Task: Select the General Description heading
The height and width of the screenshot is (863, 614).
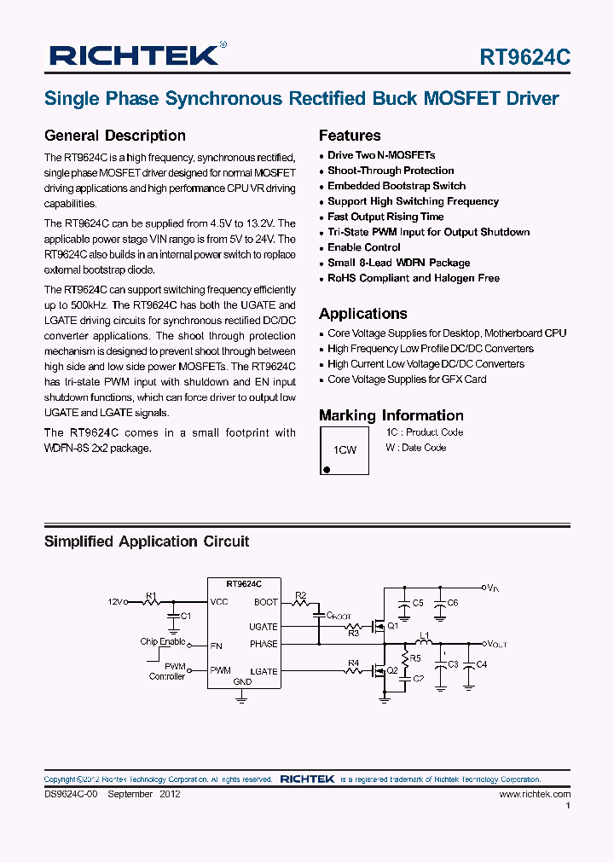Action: pos(114,136)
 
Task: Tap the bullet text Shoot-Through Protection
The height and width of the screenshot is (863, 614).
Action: pos(391,171)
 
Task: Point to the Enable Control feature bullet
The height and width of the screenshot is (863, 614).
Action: pos(364,247)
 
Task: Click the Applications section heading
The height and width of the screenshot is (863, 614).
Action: pos(362,313)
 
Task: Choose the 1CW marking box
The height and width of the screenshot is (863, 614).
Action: pos(345,449)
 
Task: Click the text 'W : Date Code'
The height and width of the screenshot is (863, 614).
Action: pos(415,448)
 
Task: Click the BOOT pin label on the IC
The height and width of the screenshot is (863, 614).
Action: pos(265,602)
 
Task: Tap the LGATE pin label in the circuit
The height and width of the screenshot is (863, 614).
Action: pos(264,671)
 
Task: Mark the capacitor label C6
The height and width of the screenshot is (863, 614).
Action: pos(452,603)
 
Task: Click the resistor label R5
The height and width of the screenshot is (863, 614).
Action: pos(415,658)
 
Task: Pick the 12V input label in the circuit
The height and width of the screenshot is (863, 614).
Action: pos(116,602)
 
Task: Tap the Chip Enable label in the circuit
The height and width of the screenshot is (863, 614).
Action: pos(163,641)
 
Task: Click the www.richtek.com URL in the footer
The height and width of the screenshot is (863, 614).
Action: pos(534,794)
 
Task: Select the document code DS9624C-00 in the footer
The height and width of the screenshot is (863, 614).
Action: pos(72,794)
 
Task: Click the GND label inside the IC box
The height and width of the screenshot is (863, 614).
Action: pos(242,682)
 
